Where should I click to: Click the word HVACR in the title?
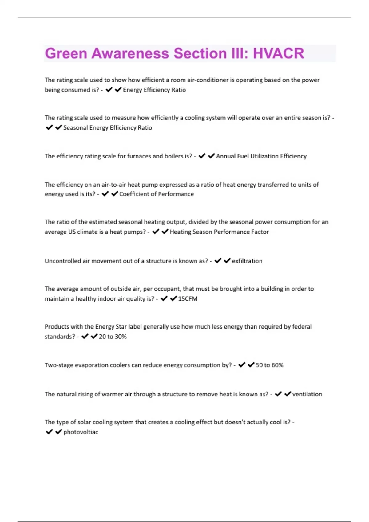(x=279, y=53)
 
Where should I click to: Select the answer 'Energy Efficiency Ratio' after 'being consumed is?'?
(x=154, y=90)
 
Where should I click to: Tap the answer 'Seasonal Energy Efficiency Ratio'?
(x=108, y=128)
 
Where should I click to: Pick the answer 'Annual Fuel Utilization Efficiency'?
(x=261, y=156)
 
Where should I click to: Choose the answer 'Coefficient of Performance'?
(x=157, y=194)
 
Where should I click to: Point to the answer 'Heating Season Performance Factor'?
(x=219, y=232)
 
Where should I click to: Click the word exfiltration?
(x=247, y=261)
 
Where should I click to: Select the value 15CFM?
(x=188, y=299)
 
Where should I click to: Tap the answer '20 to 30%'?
(x=113, y=337)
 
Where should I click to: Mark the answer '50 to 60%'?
(x=269, y=365)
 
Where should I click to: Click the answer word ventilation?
(x=307, y=394)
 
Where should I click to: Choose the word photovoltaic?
(x=81, y=432)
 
